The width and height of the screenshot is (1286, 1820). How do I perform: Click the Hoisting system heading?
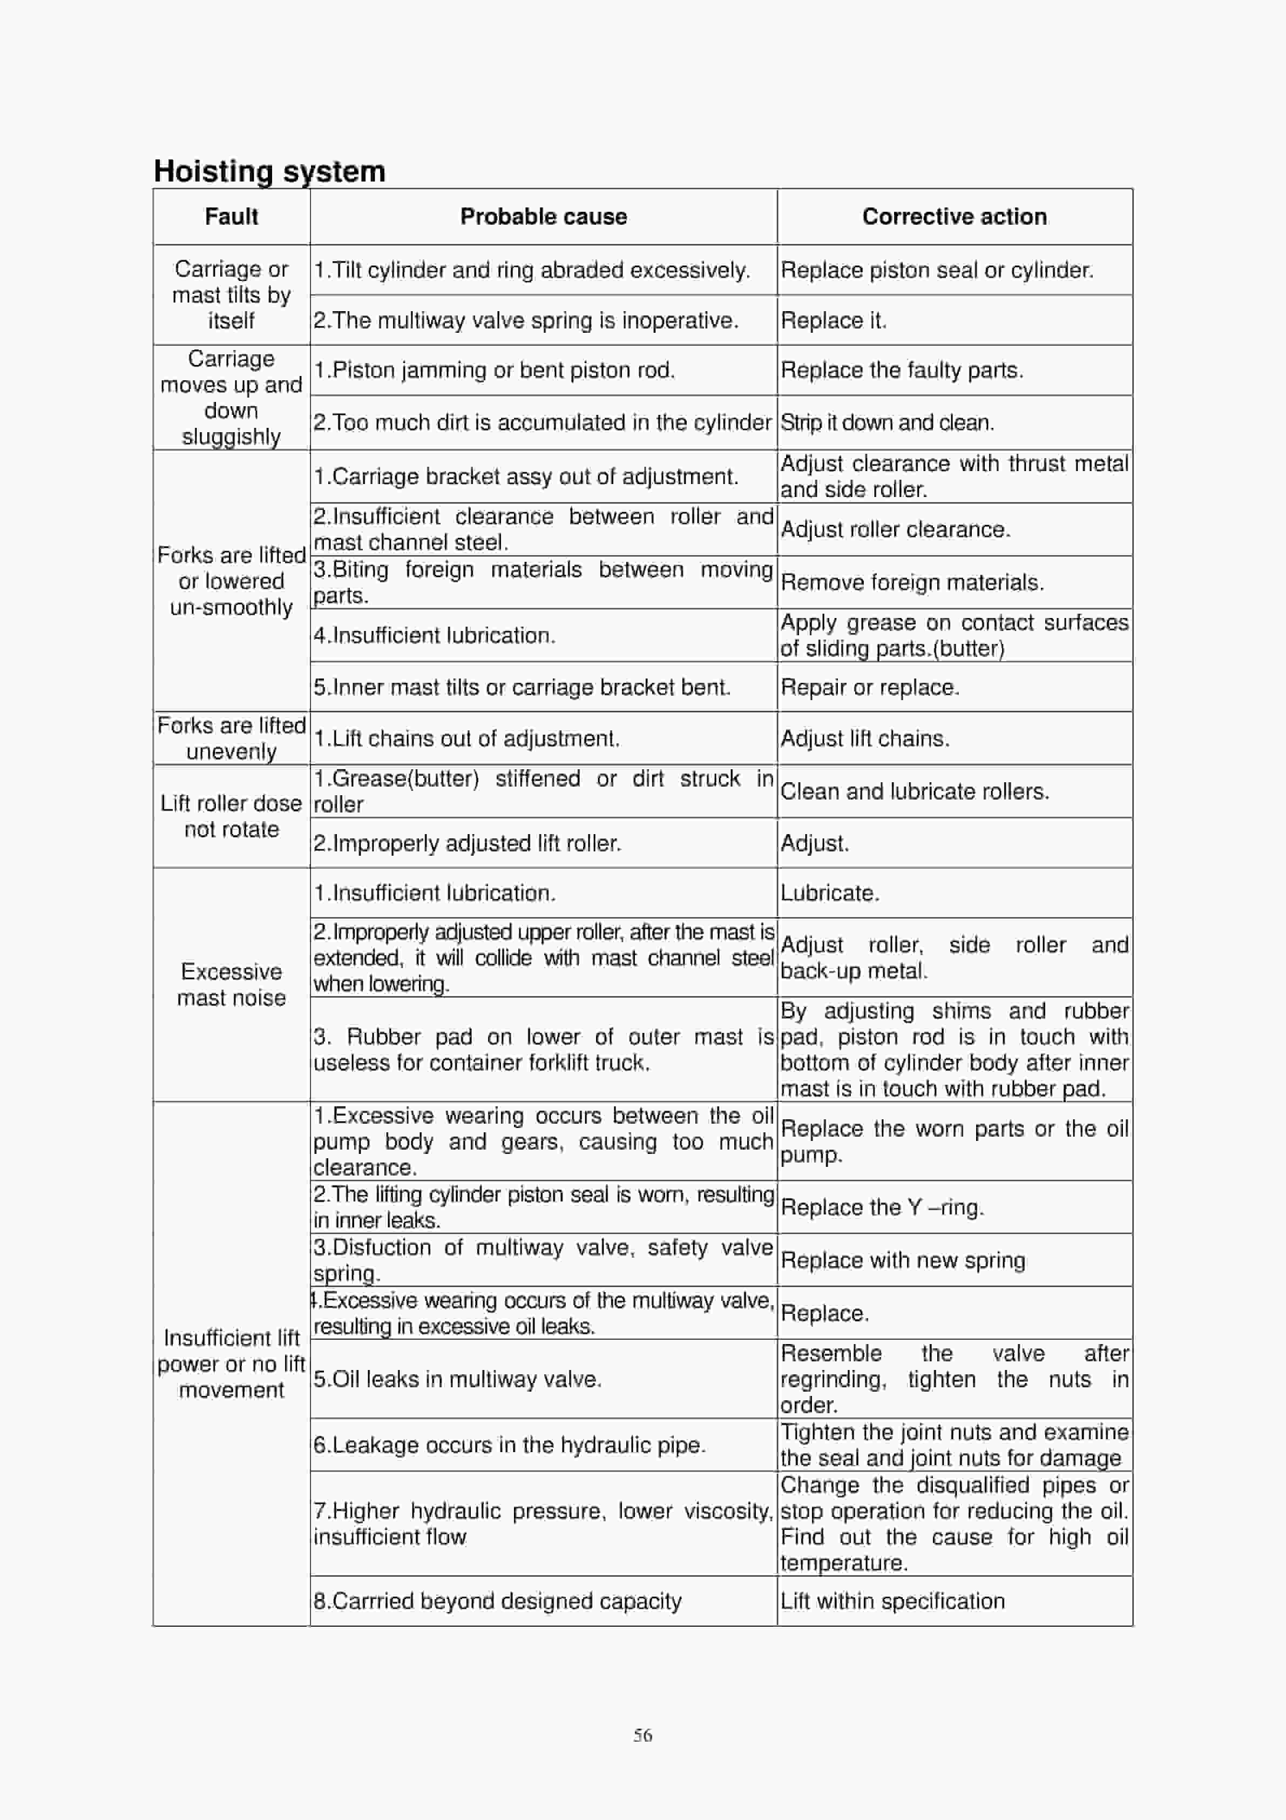coord(269,171)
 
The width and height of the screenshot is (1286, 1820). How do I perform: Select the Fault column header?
coord(232,217)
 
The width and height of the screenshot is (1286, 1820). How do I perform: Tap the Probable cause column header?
coord(544,217)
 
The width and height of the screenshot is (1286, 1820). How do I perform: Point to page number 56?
coord(642,1735)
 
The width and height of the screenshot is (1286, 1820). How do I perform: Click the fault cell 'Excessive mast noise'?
coord(232,984)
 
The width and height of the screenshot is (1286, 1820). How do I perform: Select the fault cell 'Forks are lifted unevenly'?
coord(232,738)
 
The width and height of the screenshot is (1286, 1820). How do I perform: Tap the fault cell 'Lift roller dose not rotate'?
coord(232,816)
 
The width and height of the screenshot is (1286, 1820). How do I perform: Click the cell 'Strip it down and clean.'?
coord(886,422)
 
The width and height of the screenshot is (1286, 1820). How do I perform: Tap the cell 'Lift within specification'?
coord(892,1601)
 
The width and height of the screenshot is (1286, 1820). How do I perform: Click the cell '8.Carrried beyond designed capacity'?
coord(497,1601)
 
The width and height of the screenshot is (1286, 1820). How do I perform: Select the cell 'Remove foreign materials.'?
coord(912,582)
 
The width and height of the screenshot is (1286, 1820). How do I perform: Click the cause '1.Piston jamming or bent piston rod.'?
coord(493,370)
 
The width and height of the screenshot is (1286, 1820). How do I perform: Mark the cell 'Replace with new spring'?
coord(903,1260)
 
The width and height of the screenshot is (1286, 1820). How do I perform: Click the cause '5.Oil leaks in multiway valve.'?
coord(457,1379)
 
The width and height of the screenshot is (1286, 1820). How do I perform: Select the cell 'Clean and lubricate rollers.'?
coord(915,791)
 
